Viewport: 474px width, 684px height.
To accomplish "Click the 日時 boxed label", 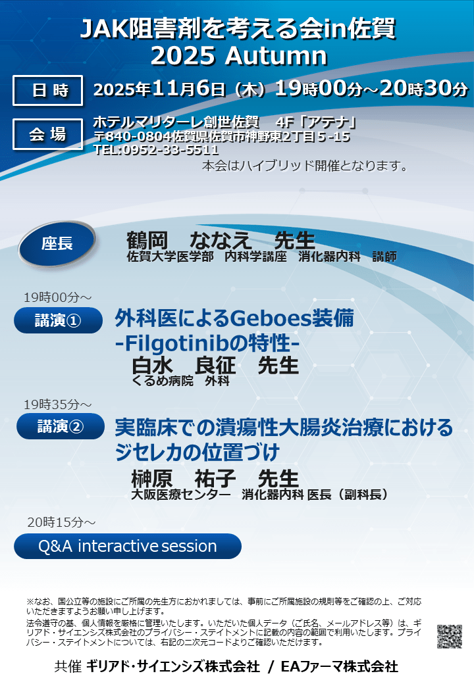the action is (x=47, y=90).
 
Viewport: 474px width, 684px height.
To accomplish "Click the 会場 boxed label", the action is (x=47, y=134).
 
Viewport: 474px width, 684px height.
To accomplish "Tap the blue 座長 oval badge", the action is (x=57, y=243).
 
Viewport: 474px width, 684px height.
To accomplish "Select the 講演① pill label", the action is (x=58, y=321).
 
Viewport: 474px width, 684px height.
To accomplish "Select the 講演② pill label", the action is (x=60, y=426).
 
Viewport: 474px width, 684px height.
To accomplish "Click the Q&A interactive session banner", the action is (x=128, y=546).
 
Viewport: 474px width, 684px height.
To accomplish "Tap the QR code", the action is (x=450, y=637).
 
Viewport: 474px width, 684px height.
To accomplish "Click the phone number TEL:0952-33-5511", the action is (x=156, y=150).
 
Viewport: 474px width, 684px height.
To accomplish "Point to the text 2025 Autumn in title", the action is (x=239, y=56).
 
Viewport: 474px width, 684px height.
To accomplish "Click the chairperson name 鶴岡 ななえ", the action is (x=189, y=240).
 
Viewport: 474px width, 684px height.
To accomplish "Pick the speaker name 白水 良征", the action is (x=184, y=366).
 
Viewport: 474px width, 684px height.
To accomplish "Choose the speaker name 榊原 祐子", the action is (x=184, y=478).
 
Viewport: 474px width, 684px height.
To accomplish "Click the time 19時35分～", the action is (x=58, y=404).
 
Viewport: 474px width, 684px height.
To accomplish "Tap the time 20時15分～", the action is (x=61, y=522).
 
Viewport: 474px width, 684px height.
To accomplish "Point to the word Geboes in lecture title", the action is (x=270, y=318).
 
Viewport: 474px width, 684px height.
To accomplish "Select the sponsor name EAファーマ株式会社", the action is (x=339, y=666).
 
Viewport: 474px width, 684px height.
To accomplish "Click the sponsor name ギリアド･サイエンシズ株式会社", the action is (x=173, y=666).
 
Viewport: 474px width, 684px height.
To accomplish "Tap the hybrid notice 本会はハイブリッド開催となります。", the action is (x=305, y=166).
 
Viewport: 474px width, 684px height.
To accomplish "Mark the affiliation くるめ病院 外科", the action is (x=180, y=381).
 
